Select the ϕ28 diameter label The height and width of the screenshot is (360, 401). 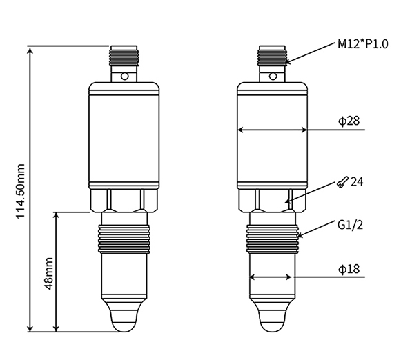click(x=349, y=121)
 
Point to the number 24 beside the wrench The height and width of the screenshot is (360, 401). click(x=357, y=182)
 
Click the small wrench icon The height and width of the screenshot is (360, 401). click(x=342, y=182)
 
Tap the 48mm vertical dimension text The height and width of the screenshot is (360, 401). click(x=49, y=273)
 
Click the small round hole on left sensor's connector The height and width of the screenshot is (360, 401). click(x=125, y=76)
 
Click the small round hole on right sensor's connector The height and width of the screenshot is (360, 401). click(x=273, y=76)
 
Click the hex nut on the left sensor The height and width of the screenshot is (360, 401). click(x=125, y=200)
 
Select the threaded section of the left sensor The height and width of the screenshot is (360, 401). click(x=125, y=234)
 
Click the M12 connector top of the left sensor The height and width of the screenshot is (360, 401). click(x=125, y=54)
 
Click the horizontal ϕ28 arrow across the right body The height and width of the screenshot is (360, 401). click(x=273, y=130)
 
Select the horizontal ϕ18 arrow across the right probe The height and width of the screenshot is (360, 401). click(x=273, y=278)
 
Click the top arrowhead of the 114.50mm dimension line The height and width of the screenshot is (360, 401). click(x=30, y=50)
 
